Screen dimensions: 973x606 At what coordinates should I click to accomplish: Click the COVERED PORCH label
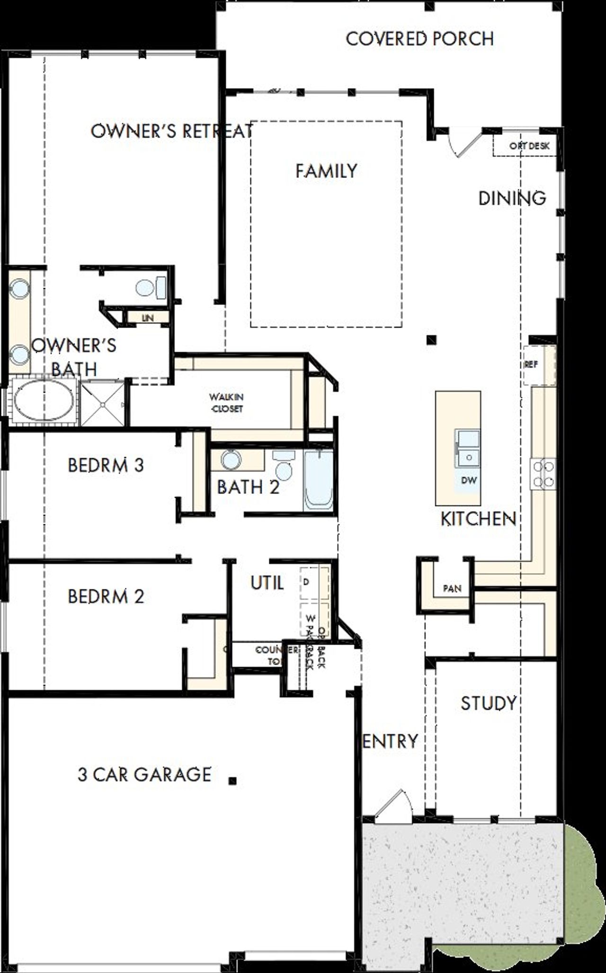(419, 39)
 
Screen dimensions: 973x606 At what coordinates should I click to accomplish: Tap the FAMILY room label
(326, 171)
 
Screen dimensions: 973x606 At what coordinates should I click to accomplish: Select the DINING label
(512, 198)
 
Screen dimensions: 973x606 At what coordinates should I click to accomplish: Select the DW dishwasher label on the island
(469, 480)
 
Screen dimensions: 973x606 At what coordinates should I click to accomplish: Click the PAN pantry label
(452, 589)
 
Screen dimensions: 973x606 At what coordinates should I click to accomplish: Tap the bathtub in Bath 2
(318, 480)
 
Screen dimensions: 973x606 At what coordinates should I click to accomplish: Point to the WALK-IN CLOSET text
(227, 403)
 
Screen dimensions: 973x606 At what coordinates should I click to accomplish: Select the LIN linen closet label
(148, 318)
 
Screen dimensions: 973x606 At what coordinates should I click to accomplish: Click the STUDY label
(489, 703)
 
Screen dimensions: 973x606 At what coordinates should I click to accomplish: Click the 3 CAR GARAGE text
(144, 775)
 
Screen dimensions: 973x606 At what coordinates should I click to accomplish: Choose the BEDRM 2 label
(106, 596)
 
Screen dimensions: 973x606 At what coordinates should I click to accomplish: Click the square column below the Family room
(431, 339)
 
